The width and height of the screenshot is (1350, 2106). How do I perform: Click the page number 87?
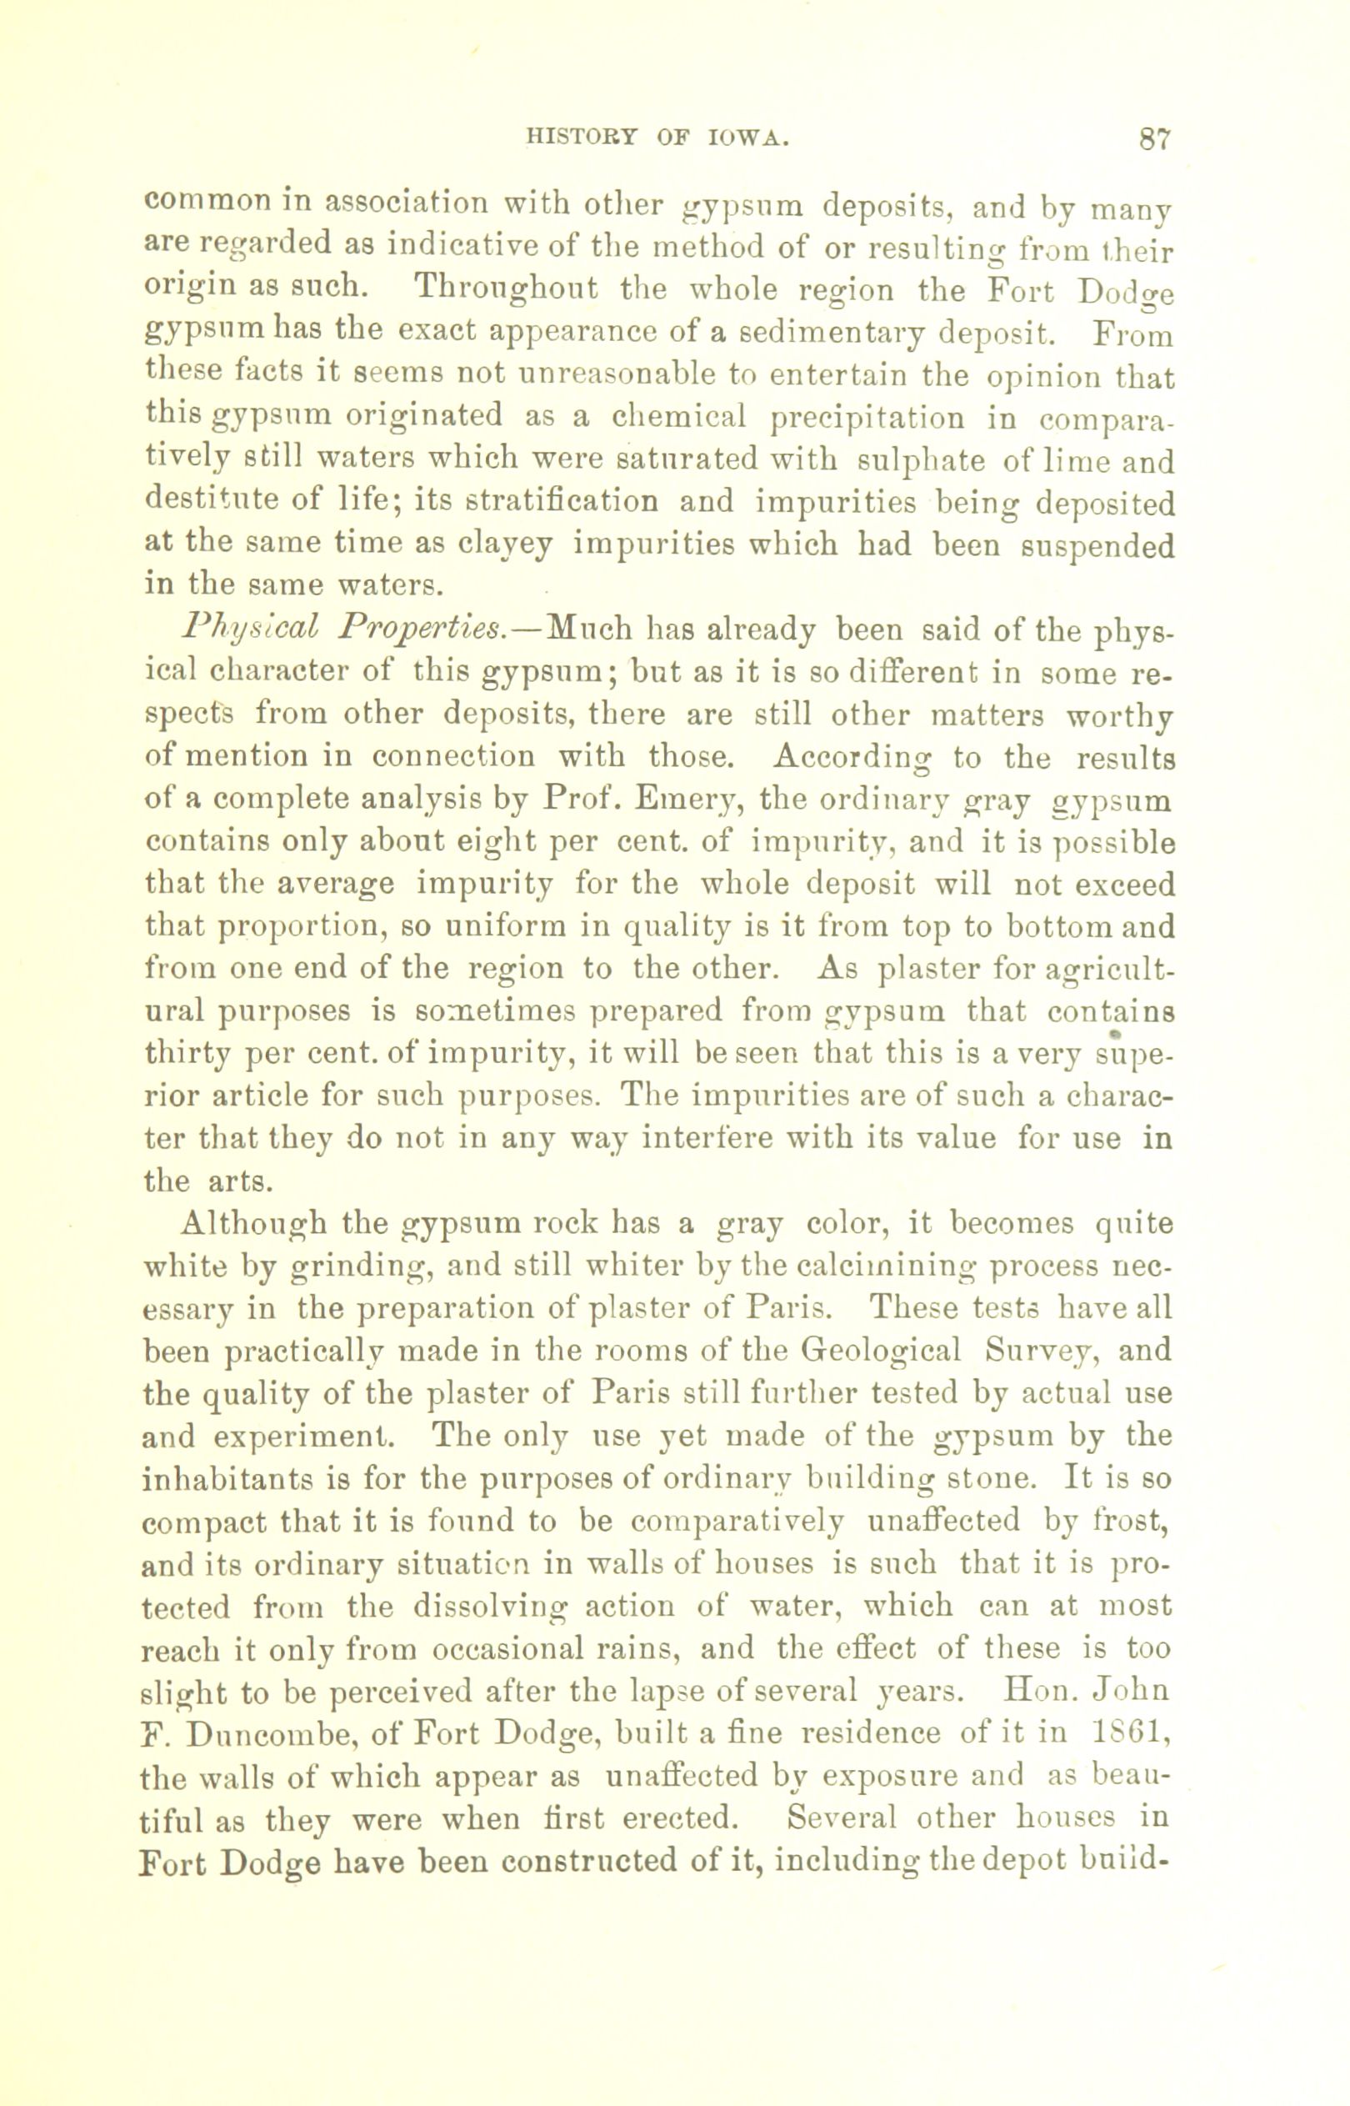pos(1154,139)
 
